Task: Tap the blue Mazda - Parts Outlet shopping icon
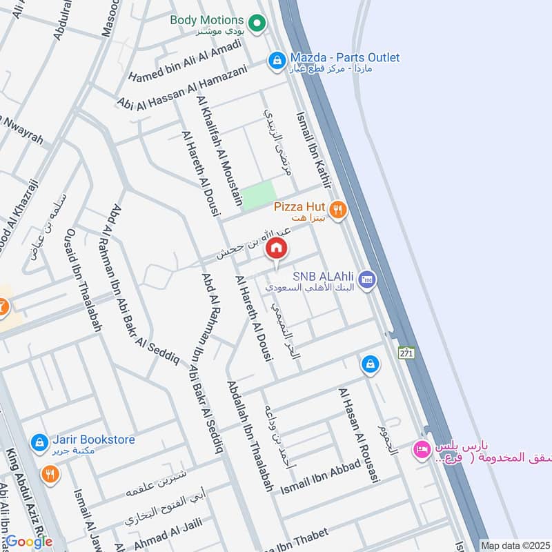(x=277, y=61)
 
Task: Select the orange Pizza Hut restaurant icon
(x=337, y=210)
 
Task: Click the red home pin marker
(x=277, y=247)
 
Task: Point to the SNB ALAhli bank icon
(x=367, y=279)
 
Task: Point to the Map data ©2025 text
(x=515, y=545)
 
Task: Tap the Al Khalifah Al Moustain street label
(x=220, y=151)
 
